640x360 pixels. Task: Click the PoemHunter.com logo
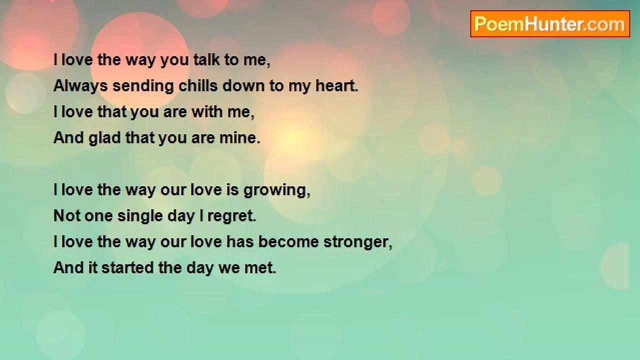click(x=550, y=24)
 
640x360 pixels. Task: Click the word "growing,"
click(x=277, y=191)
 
